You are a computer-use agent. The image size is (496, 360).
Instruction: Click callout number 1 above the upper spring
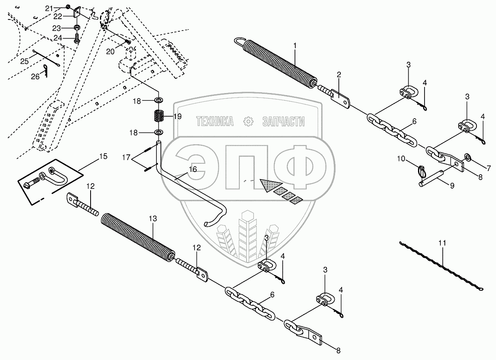tap(295, 46)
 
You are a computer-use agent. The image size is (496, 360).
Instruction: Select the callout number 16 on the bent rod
tap(193, 169)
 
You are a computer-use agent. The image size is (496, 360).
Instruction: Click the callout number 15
tap(104, 156)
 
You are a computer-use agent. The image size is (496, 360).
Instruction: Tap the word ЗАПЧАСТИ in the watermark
tap(284, 121)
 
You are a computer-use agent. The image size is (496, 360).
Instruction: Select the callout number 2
tap(338, 74)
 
